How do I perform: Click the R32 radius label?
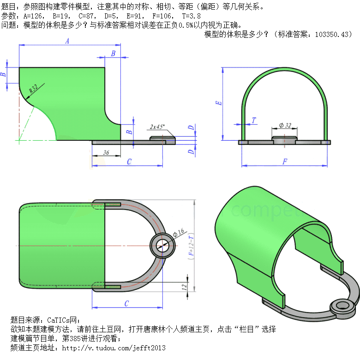34,89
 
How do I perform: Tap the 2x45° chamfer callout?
157,127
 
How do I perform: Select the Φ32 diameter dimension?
285,126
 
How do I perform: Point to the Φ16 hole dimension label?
179,232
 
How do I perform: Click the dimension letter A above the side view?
67,41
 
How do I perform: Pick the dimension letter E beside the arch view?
219,103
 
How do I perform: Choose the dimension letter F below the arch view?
285,162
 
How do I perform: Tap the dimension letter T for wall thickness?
253,120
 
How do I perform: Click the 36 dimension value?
106,152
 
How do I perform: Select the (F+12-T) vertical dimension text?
191,246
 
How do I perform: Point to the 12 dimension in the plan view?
184,287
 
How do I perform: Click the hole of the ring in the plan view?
162,246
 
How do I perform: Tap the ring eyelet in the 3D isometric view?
342,307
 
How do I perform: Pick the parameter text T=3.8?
191,16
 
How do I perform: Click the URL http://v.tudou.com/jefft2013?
114,348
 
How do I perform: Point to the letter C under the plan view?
126,304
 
